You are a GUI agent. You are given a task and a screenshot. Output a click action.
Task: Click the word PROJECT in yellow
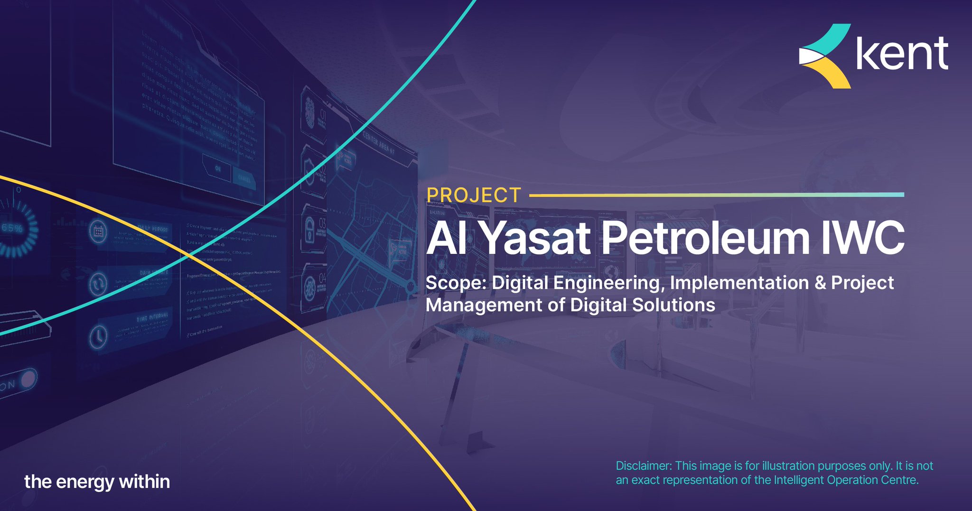click(474, 195)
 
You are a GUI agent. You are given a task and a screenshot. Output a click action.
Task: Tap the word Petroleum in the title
click(706, 238)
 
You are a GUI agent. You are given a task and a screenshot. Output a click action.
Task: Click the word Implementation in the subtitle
click(739, 283)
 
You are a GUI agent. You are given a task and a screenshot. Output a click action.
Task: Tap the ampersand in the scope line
click(820, 283)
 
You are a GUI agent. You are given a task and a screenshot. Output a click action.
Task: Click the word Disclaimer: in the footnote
click(644, 466)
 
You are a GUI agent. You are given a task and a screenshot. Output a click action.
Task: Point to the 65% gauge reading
click(12, 228)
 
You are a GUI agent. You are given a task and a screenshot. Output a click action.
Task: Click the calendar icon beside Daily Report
click(98, 232)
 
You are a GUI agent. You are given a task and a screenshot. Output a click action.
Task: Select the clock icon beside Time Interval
click(98, 336)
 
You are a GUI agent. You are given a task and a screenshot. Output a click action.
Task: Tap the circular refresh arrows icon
click(98, 284)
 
